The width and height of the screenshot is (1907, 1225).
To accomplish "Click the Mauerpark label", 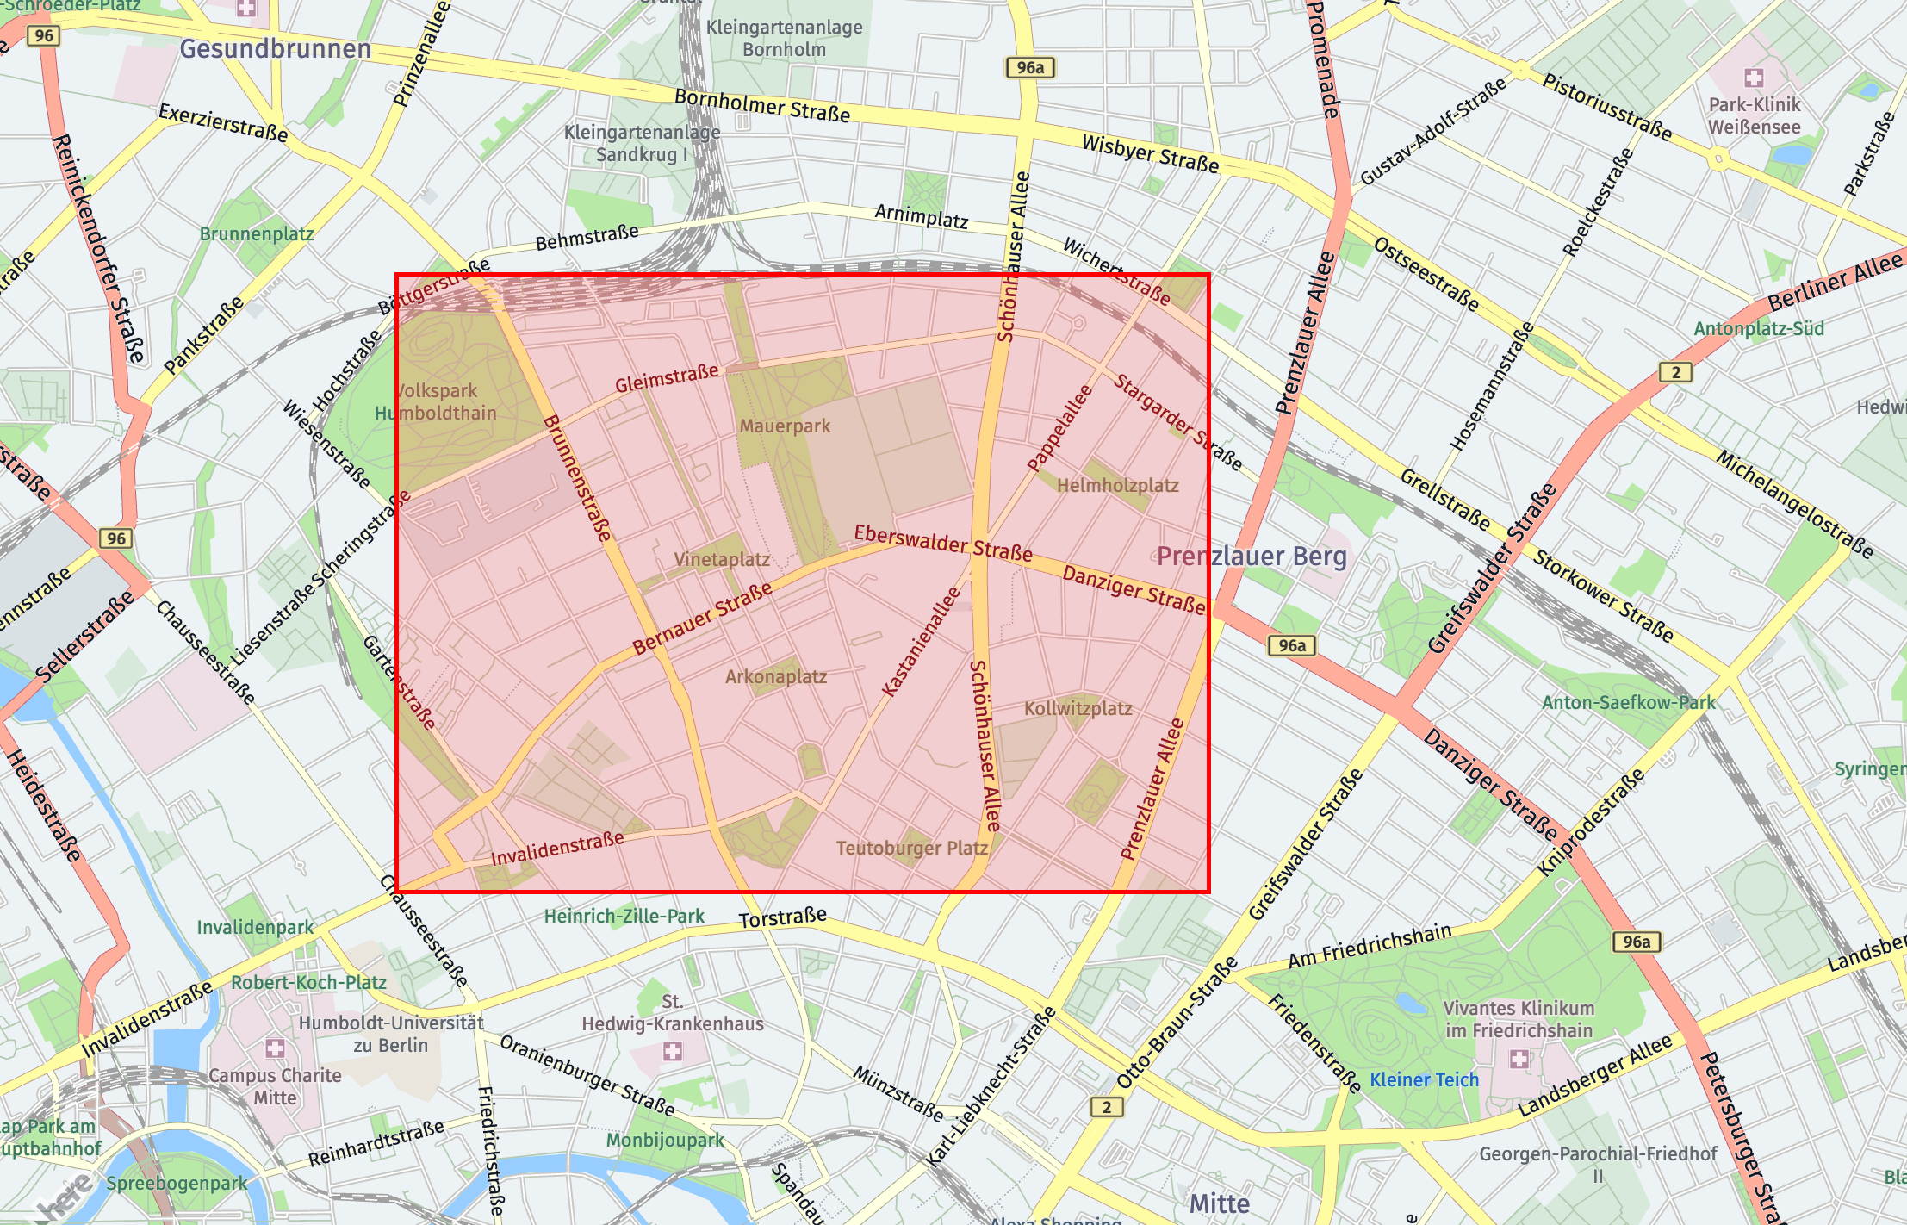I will pyautogui.click(x=785, y=426).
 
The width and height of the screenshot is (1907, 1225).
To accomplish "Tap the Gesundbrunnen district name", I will pyautogui.click(x=275, y=49).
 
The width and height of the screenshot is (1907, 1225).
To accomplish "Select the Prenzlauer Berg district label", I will pyautogui.click(x=1251, y=557).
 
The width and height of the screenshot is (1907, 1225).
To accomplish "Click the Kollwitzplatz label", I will pyautogui.click(x=1078, y=709).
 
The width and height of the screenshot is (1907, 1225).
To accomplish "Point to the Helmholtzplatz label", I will pyautogui.click(x=1117, y=485).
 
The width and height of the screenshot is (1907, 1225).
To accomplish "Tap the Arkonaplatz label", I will pyautogui.click(x=775, y=677).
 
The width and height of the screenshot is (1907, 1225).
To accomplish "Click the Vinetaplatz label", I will pyautogui.click(x=722, y=560).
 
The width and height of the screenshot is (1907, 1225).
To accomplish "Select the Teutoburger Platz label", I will pyautogui.click(x=911, y=849).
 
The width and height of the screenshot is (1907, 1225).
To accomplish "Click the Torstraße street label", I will pyautogui.click(x=782, y=918).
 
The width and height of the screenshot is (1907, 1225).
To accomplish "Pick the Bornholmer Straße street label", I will pyautogui.click(x=761, y=105).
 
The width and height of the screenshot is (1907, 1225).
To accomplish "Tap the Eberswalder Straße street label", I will pyautogui.click(x=942, y=544).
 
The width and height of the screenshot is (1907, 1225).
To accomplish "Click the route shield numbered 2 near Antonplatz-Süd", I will pyautogui.click(x=1675, y=372).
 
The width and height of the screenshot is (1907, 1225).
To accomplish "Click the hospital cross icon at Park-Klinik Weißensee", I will pyautogui.click(x=1754, y=78).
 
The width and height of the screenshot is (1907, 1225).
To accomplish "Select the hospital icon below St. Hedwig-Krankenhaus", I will pyautogui.click(x=672, y=1052).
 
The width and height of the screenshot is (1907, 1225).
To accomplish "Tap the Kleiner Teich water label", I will pyautogui.click(x=1424, y=1080).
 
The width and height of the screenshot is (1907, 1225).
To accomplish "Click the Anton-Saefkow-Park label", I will pyautogui.click(x=1628, y=703).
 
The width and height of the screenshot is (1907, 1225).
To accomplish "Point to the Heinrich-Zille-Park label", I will pyautogui.click(x=624, y=917).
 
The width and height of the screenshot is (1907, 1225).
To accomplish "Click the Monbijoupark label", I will pyautogui.click(x=665, y=1141).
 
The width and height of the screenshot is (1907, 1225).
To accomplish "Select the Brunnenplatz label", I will pyautogui.click(x=256, y=234).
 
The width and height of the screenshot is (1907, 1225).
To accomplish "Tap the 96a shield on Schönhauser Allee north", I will pyautogui.click(x=1029, y=68).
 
